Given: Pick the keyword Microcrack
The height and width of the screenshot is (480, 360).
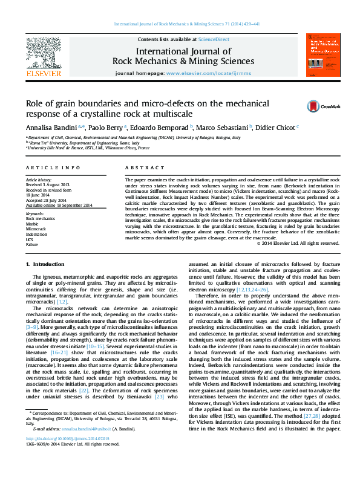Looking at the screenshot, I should coord(36,230).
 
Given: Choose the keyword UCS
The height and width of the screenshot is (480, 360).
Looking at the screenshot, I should coord(30,239).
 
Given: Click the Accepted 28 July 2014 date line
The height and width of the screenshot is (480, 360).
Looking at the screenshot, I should coord(47,199).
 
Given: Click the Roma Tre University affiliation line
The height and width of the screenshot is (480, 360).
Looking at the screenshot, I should coord(69,143).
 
